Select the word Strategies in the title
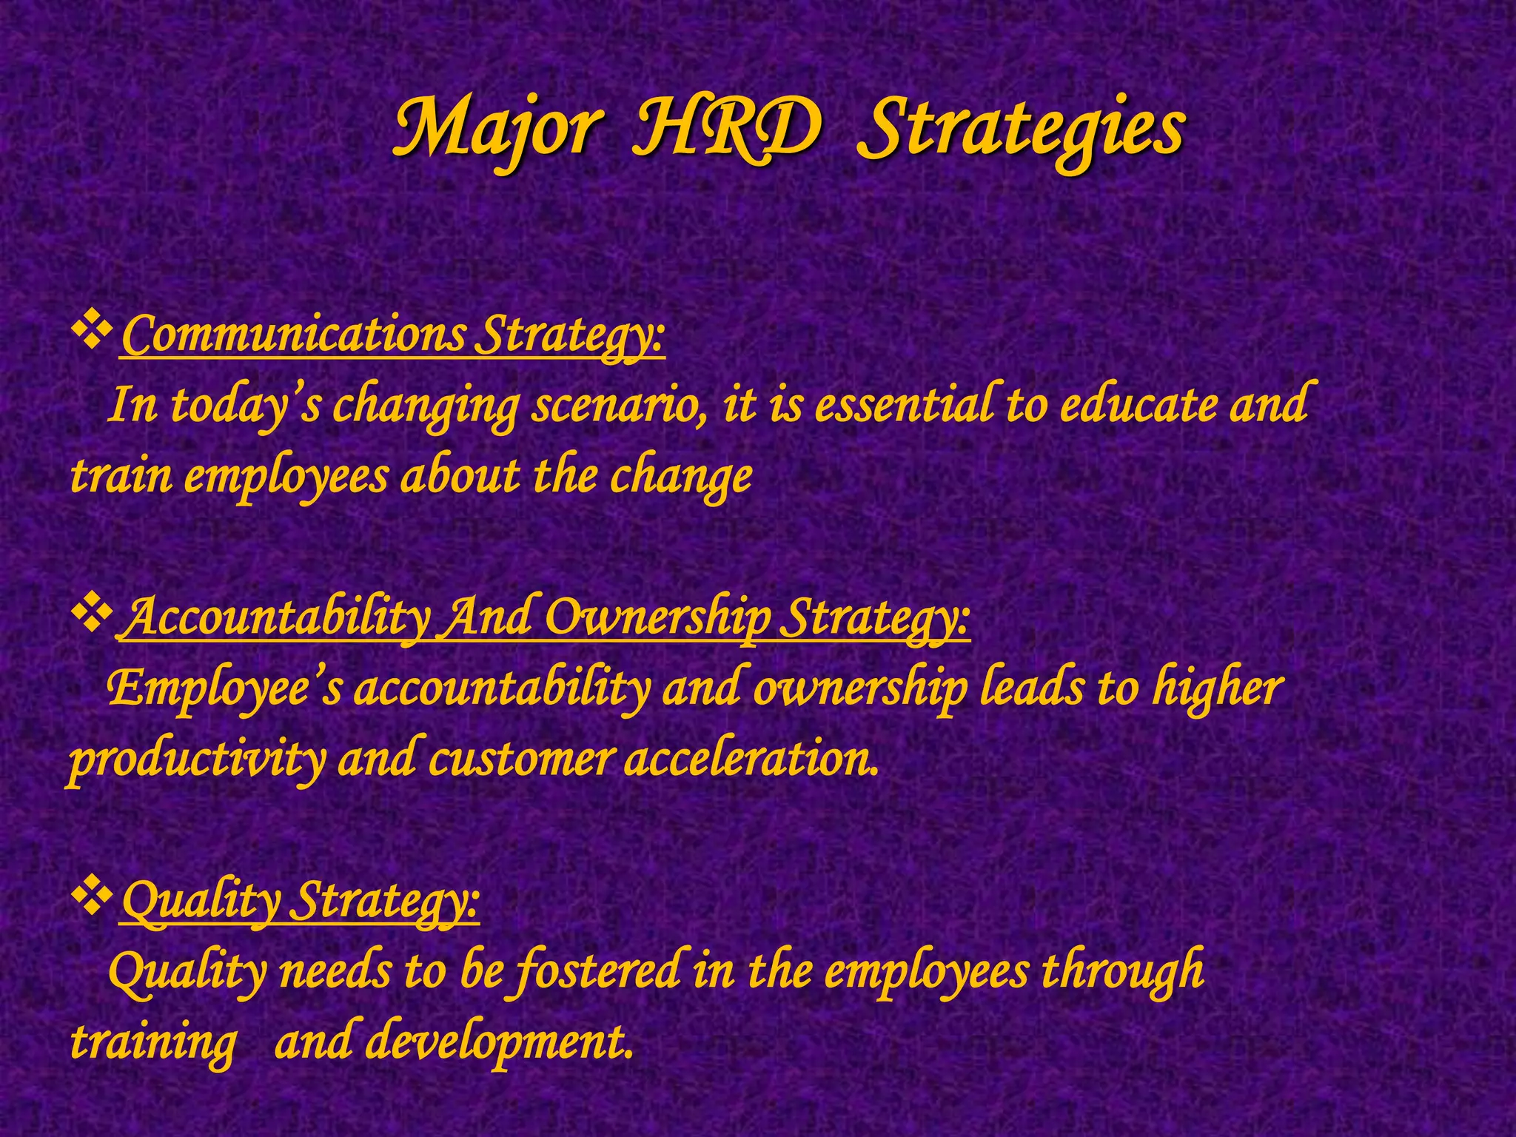click(x=1020, y=128)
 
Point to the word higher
click(x=1217, y=688)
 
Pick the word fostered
click(x=597, y=971)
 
